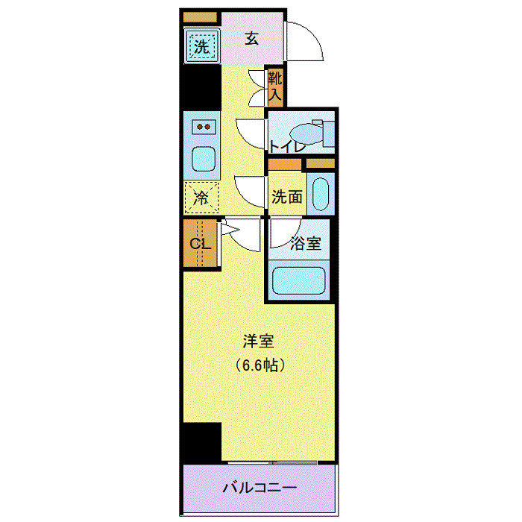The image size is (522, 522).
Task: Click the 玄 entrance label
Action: click(x=252, y=40)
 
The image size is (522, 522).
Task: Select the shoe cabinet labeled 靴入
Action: click(x=275, y=86)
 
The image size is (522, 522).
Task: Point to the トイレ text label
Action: click(x=287, y=146)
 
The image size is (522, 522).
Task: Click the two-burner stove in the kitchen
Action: click(x=203, y=128)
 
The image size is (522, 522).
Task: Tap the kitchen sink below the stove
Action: click(x=203, y=157)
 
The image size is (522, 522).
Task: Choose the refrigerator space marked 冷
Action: click(x=201, y=198)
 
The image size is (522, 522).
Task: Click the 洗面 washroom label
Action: click(x=286, y=197)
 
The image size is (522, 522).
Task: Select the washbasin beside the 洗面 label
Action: click(x=320, y=194)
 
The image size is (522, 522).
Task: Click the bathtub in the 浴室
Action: click(x=299, y=281)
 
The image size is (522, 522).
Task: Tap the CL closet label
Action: click(x=200, y=244)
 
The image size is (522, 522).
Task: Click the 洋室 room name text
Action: click(x=260, y=342)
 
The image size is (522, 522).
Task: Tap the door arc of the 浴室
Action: click(x=282, y=233)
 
